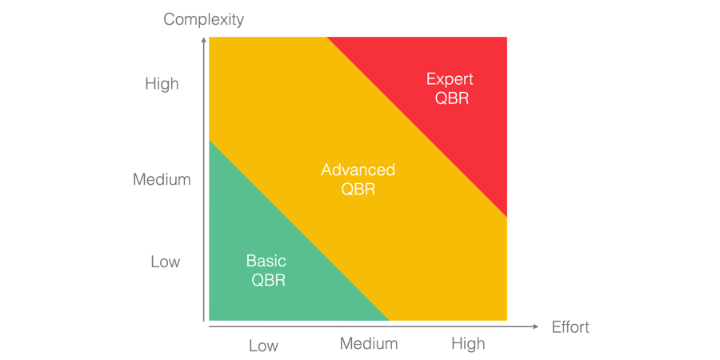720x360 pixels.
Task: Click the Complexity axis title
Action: pos(203,19)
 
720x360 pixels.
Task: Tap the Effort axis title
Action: pos(570,326)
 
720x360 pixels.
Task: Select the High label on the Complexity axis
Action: pos(162,84)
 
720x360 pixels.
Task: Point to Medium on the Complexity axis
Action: pos(162,180)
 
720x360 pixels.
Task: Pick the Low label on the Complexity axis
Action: pos(166,262)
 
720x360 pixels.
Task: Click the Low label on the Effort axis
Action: pos(263,346)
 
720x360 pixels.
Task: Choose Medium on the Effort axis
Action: pos(369,343)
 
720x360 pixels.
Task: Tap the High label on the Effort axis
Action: pos(468,343)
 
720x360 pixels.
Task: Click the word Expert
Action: pos(450,79)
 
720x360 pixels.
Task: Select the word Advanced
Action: pos(358,170)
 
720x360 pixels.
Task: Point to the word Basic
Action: pos(266,261)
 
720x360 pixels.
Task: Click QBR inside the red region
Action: pos(452,98)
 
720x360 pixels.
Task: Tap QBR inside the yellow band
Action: pos(358,190)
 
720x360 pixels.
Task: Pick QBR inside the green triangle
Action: pos(268,280)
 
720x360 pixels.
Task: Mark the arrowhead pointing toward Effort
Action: pos(535,326)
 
